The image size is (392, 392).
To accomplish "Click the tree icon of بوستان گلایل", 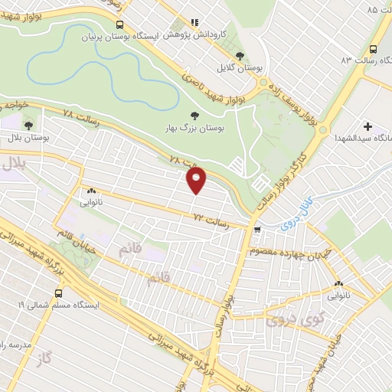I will tap(240, 55).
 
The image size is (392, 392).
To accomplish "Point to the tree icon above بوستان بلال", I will tap(29, 125).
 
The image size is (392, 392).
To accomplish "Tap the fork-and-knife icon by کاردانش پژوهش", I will tap(194, 23).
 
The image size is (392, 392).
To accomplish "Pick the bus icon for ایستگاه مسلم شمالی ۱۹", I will tap(58, 293).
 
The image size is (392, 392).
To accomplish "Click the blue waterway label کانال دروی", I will tap(296, 214).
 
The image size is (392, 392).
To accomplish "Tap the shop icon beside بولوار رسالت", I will tap(257, 228).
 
